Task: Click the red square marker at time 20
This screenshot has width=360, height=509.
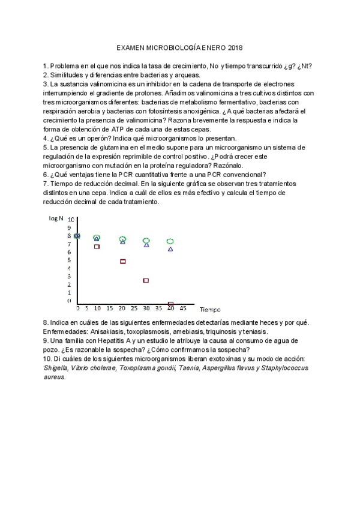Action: coord(123,262)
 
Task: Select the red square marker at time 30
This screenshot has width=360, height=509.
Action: coord(146,280)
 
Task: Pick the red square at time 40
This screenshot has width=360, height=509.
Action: coord(171,304)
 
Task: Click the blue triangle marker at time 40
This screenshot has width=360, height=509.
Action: coord(170,248)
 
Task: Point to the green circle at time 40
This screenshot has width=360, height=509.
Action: coord(170,241)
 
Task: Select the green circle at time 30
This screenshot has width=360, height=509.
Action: coord(146,241)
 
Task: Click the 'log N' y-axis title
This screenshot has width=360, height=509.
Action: coord(56,219)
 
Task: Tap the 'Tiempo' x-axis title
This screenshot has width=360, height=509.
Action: coord(211,310)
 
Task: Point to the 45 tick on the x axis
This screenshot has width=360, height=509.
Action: coord(183,309)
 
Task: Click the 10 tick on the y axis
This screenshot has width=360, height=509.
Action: coord(71,220)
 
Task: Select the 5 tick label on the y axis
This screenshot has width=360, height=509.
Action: coord(69,260)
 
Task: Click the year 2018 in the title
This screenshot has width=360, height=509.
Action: coord(235,48)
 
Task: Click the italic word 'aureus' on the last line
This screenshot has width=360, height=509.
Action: coord(54,378)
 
